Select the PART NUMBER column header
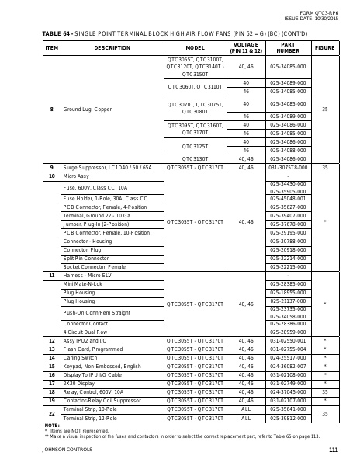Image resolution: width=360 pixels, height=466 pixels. click(288, 47)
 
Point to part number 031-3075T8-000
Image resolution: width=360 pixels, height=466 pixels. click(288, 167)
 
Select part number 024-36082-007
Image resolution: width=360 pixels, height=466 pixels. click(288, 366)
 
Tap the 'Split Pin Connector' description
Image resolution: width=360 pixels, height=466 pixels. click(86, 258)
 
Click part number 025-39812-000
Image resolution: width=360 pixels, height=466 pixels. click(288, 418)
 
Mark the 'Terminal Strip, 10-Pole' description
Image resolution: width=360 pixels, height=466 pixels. click(90, 409)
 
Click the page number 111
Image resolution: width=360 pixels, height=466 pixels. click(333, 451)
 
